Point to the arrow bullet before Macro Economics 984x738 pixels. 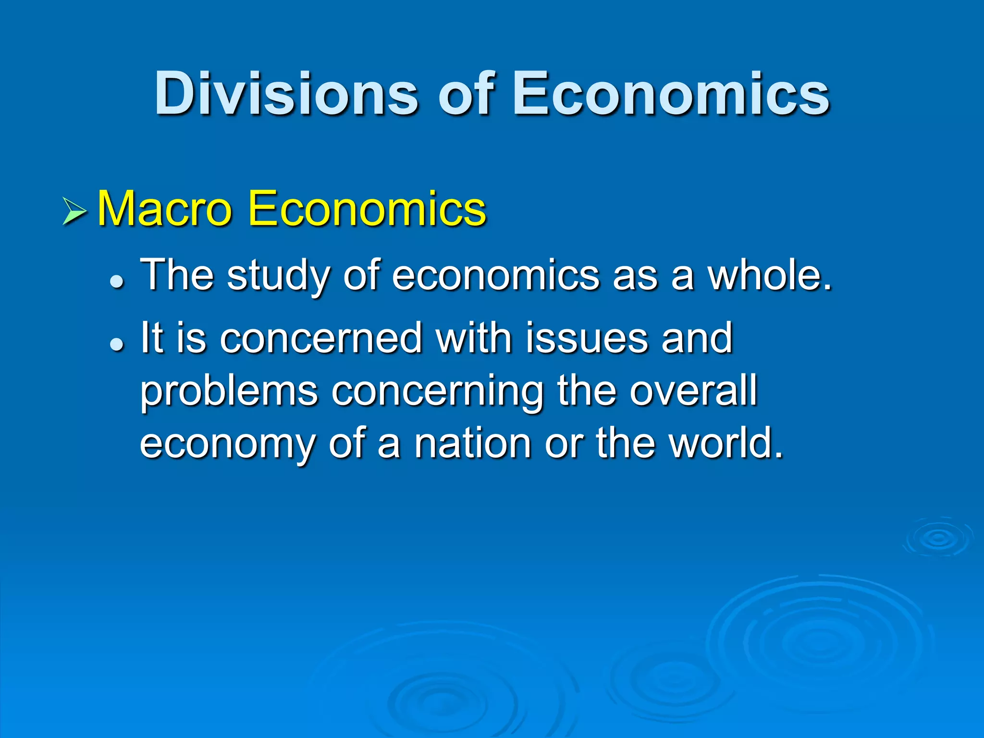coord(74,211)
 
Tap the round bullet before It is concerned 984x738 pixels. coord(117,344)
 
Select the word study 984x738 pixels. coord(279,276)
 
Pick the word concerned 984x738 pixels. coord(320,338)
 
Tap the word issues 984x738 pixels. coord(587,338)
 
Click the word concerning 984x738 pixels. coord(437,392)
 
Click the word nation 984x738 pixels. coord(473,443)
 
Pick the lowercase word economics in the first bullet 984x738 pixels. coord(495,276)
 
